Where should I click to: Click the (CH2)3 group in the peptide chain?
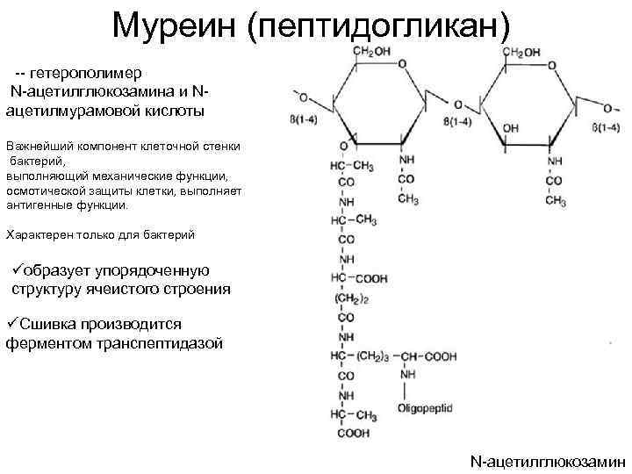click(x=372, y=356)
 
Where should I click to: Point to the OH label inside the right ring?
click(x=510, y=128)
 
